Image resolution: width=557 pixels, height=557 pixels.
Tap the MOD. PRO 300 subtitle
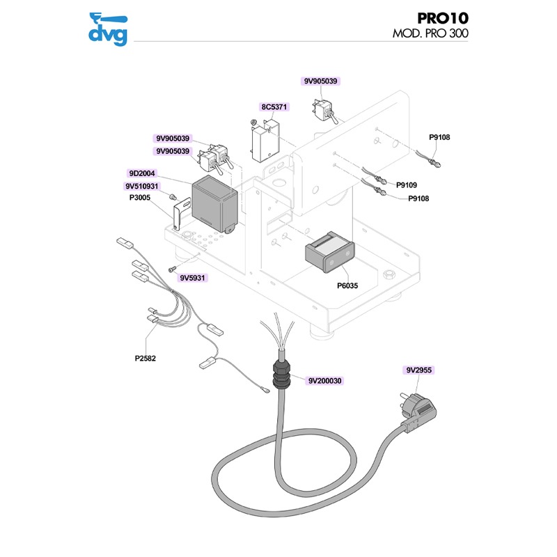(x=430, y=33)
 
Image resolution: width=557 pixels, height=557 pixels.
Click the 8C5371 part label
(x=274, y=107)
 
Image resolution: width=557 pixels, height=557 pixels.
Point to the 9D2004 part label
(x=141, y=173)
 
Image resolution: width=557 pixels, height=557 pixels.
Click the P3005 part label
(x=141, y=198)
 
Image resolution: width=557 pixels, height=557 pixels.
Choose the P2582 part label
(x=146, y=359)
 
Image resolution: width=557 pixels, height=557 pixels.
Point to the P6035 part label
(x=348, y=285)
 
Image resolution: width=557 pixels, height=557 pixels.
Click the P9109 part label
(x=406, y=185)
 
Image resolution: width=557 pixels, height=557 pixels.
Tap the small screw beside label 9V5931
(x=171, y=268)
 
